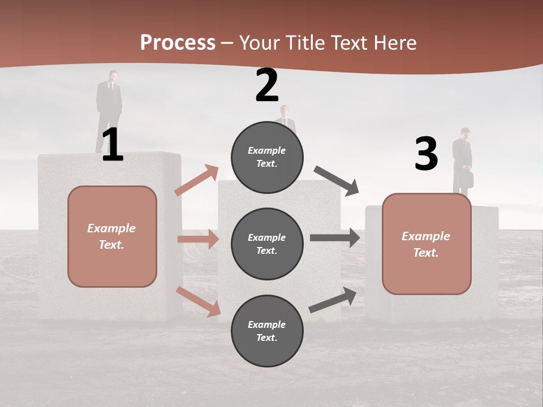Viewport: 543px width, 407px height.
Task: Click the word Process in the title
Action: point(178,43)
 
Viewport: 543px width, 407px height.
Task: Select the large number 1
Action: point(113,146)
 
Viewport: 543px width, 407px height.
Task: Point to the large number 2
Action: point(267,85)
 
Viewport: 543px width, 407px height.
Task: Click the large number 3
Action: point(426,154)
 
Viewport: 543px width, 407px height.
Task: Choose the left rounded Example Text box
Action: point(112,236)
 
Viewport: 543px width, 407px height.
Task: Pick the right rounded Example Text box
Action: point(426,244)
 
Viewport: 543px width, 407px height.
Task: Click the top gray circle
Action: point(267,157)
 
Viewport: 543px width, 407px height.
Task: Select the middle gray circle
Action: point(267,244)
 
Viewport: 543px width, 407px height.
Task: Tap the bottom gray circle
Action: point(267,331)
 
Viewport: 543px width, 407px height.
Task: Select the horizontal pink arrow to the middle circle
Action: point(198,239)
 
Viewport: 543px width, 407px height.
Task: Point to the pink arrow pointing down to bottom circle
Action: point(198,301)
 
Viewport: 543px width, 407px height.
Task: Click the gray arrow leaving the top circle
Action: point(337,180)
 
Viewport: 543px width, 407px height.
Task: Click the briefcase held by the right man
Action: point(466,179)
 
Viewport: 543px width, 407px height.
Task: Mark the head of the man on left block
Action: point(113,76)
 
